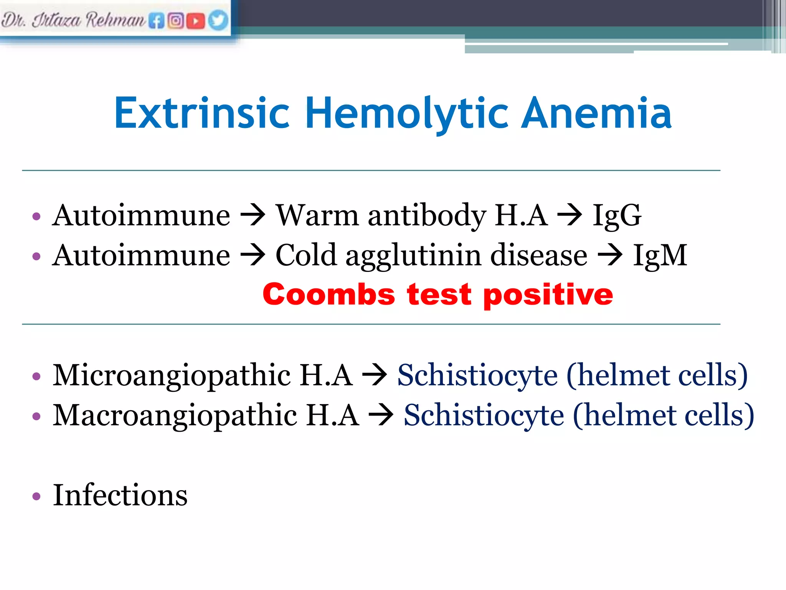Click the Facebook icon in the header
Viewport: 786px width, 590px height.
point(156,21)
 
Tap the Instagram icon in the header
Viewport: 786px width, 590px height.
point(176,21)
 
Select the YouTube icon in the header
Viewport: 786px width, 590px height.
point(196,21)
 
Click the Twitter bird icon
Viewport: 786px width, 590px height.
point(218,20)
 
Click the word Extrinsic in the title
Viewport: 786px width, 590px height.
point(202,113)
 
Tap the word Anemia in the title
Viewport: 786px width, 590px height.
point(596,113)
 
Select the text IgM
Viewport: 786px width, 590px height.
point(660,255)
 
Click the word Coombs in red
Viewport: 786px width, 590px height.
point(329,295)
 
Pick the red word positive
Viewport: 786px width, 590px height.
point(548,295)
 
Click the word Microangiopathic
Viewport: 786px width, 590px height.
point(172,376)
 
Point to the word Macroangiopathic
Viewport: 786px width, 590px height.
point(175,416)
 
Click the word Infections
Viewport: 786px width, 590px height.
point(120,495)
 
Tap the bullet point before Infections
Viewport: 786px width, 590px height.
point(36,496)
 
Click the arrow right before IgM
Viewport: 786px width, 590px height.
point(610,255)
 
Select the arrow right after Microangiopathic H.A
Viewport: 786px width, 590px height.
point(375,375)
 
